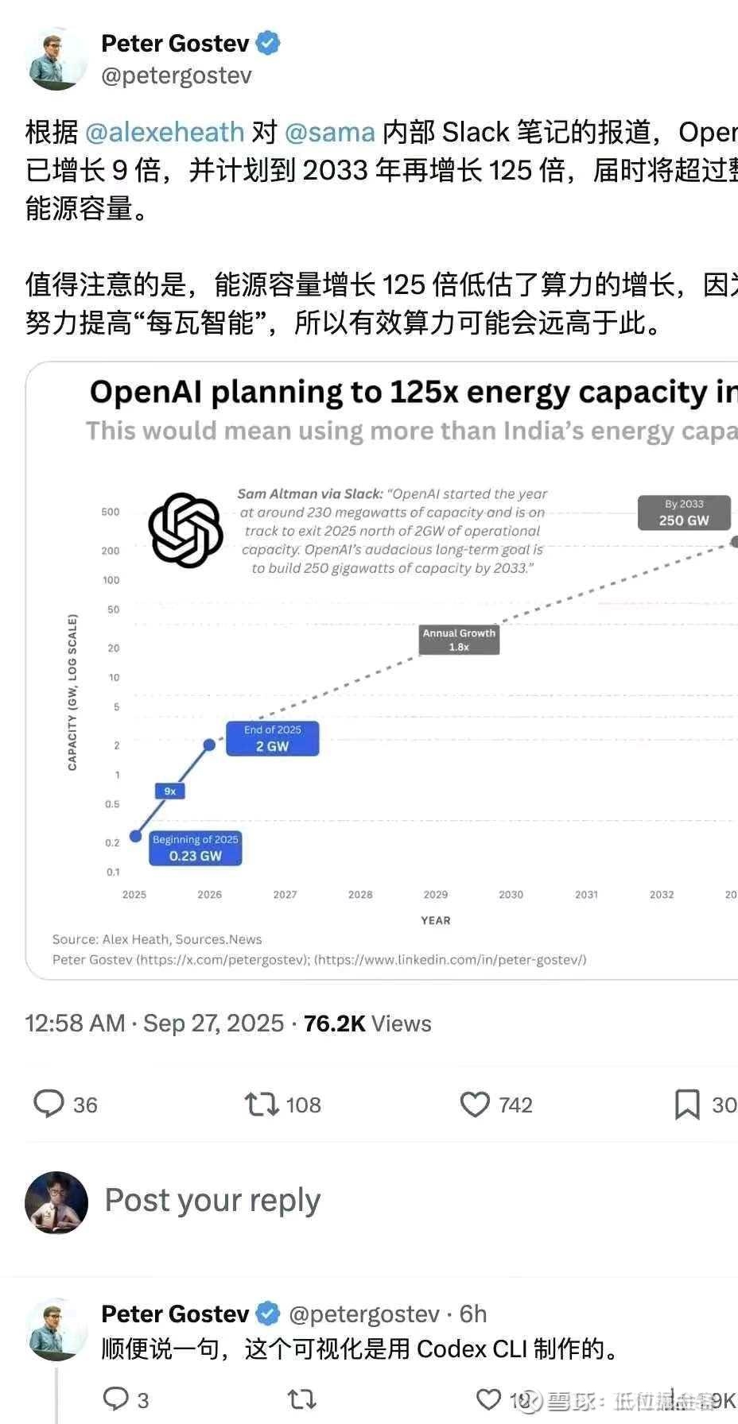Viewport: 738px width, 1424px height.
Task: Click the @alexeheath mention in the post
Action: click(164, 132)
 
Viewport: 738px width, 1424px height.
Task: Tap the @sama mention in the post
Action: click(329, 132)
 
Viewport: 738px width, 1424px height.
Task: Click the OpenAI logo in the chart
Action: click(185, 530)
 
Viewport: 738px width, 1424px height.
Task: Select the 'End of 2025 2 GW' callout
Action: click(272, 738)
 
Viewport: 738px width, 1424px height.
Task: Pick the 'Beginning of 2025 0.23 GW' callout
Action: click(195, 848)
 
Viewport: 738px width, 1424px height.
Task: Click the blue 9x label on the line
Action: click(169, 791)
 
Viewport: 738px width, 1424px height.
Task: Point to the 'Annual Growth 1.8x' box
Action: click(459, 640)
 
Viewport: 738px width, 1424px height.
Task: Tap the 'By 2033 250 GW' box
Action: click(684, 513)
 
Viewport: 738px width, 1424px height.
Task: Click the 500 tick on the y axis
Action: click(111, 512)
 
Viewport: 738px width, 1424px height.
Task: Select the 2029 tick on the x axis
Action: click(435, 894)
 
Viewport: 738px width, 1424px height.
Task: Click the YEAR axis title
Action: click(435, 920)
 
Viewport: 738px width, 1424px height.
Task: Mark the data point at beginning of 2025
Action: click(135, 836)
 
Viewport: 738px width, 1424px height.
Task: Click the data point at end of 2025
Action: click(209, 745)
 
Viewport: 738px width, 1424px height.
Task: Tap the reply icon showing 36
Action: click(49, 1104)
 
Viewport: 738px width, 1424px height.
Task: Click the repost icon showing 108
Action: click(261, 1104)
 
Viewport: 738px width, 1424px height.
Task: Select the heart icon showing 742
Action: click(475, 1104)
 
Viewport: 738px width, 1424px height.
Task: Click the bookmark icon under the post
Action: click(687, 1104)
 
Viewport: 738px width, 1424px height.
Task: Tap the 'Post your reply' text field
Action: click(212, 1200)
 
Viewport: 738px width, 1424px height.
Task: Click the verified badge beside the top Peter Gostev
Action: click(268, 43)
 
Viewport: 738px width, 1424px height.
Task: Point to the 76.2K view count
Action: click(334, 1023)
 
